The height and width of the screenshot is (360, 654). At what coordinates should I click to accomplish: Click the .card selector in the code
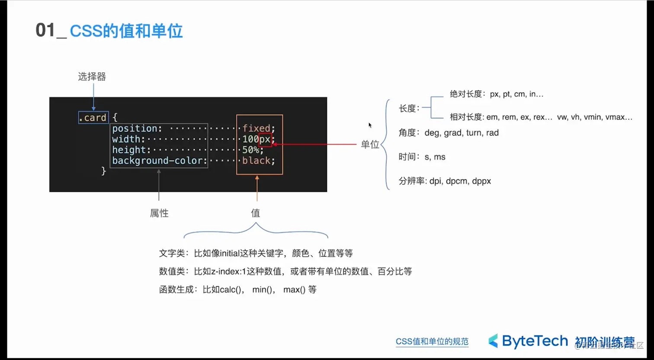click(93, 118)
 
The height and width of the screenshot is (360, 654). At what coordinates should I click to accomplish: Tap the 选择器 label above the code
click(92, 77)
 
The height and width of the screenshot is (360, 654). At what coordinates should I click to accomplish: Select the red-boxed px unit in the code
click(265, 139)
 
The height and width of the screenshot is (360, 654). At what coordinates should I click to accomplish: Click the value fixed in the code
click(256, 129)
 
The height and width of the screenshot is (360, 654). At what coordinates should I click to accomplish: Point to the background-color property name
click(157, 161)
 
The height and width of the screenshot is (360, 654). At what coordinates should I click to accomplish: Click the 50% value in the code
click(250, 150)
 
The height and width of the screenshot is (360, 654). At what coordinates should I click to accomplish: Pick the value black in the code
click(256, 161)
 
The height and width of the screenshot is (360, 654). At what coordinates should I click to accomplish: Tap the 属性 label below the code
click(159, 213)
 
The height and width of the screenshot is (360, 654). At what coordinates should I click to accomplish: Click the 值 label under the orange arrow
click(256, 213)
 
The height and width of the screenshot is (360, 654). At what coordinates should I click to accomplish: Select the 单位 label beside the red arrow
click(370, 145)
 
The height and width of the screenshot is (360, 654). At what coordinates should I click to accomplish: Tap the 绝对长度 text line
click(496, 94)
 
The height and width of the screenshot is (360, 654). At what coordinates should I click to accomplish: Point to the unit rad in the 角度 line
click(492, 133)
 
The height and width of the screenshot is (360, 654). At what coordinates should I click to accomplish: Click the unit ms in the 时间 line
click(439, 157)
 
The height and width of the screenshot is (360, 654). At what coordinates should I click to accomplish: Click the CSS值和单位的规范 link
click(432, 341)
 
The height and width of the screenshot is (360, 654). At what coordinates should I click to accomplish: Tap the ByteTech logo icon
click(494, 341)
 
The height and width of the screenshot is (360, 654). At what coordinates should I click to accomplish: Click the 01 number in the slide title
click(45, 31)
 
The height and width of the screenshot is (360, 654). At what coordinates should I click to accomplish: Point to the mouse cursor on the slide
click(370, 125)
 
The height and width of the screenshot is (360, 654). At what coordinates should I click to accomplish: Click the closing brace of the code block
click(103, 171)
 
